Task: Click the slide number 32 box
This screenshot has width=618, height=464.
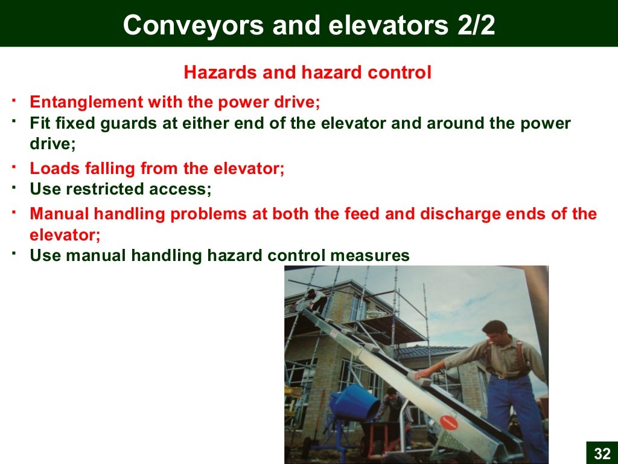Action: point(602,453)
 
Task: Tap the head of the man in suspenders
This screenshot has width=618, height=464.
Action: point(494,334)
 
